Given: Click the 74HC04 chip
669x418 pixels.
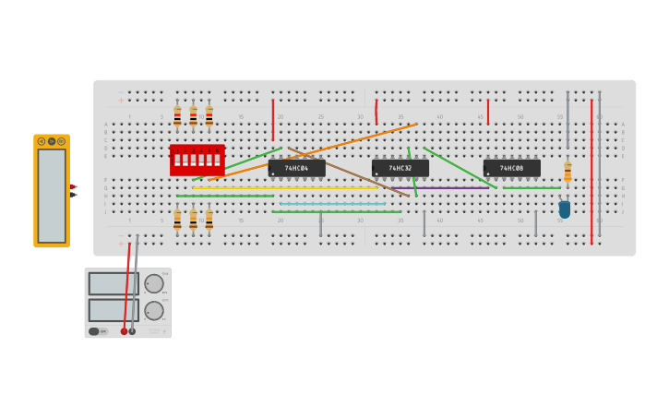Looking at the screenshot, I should pyautogui.click(x=296, y=168).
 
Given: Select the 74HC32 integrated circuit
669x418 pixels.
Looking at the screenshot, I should pyautogui.click(x=400, y=168).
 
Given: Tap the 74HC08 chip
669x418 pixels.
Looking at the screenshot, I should pyautogui.click(x=511, y=168).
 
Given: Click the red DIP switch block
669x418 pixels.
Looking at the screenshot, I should pyautogui.click(x=197, y=160).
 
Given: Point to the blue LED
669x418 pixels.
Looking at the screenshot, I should pyautogui.click(x=565, y=209).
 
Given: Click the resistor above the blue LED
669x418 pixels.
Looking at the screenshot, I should pyautogui.click(x=567, y=172).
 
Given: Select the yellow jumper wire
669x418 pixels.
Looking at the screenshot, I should pyautogui.click(x=277, y=188).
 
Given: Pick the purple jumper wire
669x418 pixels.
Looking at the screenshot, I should pyautogui.click(x=443, y=188).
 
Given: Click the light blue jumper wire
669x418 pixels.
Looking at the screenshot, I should pyautogui.click(x=332, y=204).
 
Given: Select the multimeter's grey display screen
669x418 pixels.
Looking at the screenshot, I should pyautogui.click(x=52, y=195).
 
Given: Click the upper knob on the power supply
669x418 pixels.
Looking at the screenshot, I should pyautogui.click(x=152, y=283).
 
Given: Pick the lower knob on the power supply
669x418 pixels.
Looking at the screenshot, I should pyautogui.click(x=152, y=310).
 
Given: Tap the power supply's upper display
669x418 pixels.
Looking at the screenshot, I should pyautogui.click(x=113, y=283).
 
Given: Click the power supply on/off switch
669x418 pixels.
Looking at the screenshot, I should pyautogui.click(x=95, y=331).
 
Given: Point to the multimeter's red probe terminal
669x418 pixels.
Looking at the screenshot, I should pyautogui.click(x=73, y=187).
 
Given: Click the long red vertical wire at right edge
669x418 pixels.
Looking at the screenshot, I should pyautogui.click(x=591, y=171).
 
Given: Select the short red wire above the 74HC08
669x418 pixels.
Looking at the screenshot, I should pyautogui.click(x=488, y=112).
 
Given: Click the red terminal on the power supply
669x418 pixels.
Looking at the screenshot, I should pyautogui.click(x=124, y=331).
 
